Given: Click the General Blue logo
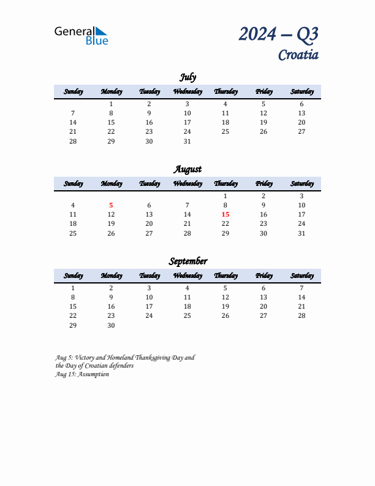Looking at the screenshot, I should (81, 35).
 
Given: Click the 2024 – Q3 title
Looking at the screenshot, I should (278, 34).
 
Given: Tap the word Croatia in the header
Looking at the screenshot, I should (298, 55).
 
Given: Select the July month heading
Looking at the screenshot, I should (187, 77).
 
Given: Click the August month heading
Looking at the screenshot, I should (187, 169).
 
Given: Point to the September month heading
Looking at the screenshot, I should (187, 261).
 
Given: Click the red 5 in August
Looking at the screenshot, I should (111, 206).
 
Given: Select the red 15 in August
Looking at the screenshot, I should (225, 215).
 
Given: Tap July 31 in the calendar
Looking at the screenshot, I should (187, 141).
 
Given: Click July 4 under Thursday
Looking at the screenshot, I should (225, 104).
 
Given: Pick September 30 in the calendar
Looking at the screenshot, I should (111, 325).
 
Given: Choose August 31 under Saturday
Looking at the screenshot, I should (301, 233).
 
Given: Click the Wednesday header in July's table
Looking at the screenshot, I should (187, 92).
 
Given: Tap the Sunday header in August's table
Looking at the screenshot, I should (73, 184).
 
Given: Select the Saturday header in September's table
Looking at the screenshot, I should (301, 276).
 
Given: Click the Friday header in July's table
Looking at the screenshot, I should (263, 92).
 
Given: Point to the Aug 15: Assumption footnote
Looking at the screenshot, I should (82, 374).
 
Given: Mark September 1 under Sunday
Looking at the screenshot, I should (73, 288).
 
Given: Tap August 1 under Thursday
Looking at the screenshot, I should (225, 196).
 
